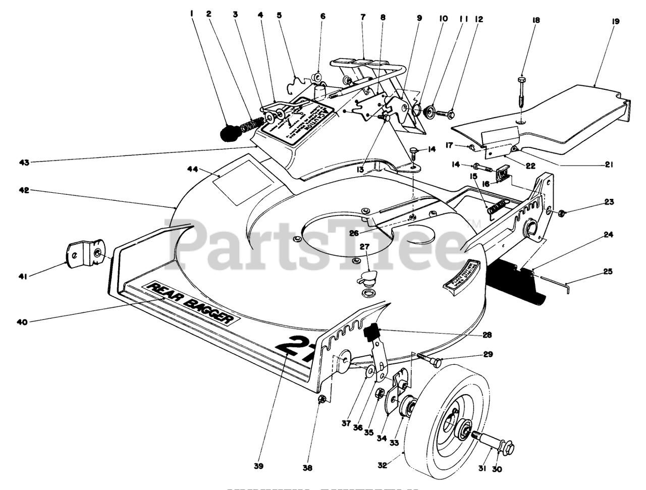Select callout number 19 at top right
[615, 22]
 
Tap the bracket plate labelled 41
[84, 251]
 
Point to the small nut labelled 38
[321, 400]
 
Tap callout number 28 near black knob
[487, 335]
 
